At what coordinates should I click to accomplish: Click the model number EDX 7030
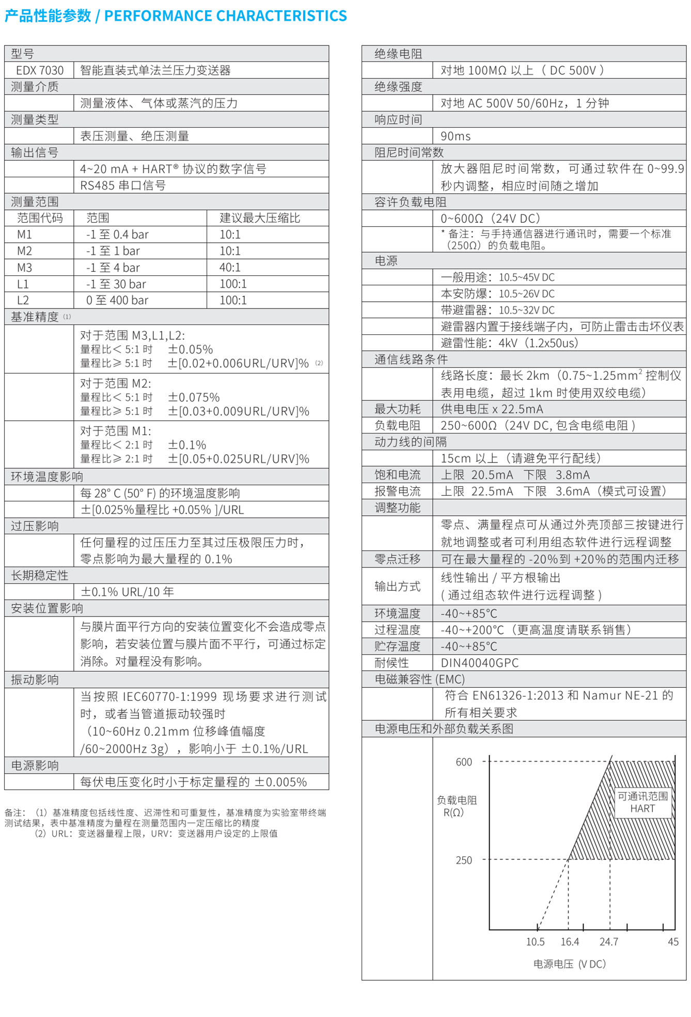click(x=40, y=70)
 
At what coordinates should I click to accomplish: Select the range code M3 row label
click(x=25, y=267)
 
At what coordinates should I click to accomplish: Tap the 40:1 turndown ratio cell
click(x=230, y=267)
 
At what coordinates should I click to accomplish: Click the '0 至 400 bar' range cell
click(x=117, y=300)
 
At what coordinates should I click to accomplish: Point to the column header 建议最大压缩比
click(x=260, y=218)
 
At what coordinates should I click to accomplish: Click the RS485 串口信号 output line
click(x=123, y=186)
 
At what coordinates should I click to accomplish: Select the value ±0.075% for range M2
click(x=194, y=397)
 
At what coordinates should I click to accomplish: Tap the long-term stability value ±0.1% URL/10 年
click(x=127, y=592)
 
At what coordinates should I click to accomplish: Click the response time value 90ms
click(x=456, y=136)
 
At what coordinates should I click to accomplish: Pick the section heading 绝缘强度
click(x=398, y=87)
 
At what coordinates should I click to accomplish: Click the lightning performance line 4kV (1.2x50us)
click(x=509, y=343)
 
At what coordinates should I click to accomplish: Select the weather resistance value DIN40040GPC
click(x=479, y=663)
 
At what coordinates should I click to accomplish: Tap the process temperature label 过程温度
click(x=397, y=630)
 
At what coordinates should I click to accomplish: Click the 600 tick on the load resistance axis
click(x=464, y=762)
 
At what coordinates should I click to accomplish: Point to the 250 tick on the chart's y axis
click(x=464, y=860)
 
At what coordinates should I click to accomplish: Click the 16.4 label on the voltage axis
click(x=570, y=942)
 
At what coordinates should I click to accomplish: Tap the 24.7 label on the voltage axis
click(x=609, y=942)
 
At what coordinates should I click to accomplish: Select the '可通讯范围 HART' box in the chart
click(x=643, y=803)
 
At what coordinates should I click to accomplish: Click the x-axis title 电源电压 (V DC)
click(x=569, y=964)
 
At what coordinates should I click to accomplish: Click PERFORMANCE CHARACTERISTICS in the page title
click(x=226, y=16)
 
